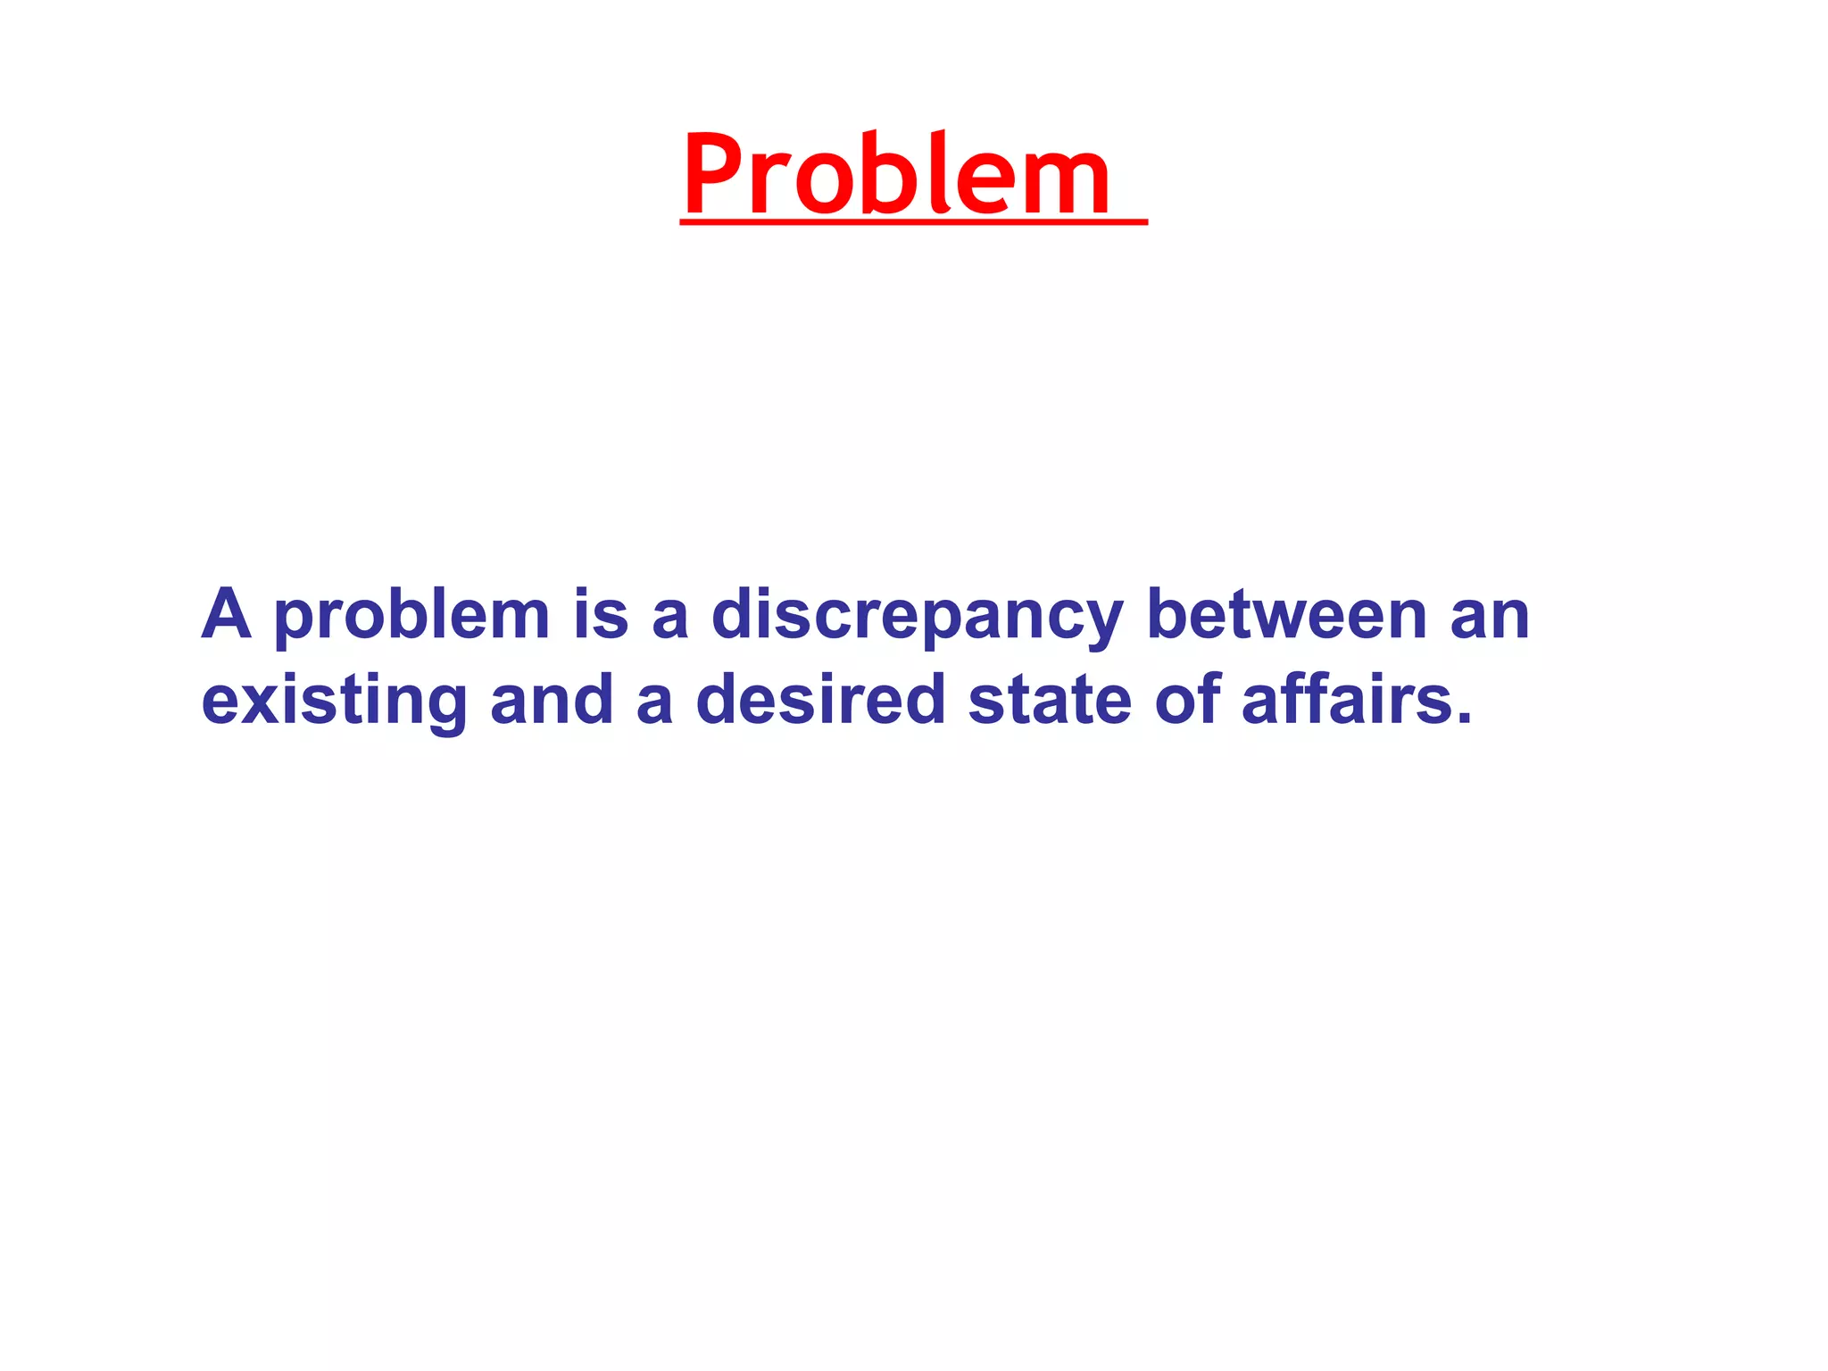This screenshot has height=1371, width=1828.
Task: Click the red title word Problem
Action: point(897,175)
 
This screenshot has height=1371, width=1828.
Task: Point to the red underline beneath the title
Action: point(913,220)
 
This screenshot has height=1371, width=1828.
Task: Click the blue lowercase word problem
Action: point(411,618)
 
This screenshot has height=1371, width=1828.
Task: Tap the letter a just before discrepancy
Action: point(669,618)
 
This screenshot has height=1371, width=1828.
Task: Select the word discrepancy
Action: point(917,618)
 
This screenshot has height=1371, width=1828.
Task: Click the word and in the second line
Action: point(551,700)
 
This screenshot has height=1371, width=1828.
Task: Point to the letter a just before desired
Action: point(654,703)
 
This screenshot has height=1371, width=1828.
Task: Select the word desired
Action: point(820,700)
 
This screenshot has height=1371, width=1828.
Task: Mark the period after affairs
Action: point(1463,718)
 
